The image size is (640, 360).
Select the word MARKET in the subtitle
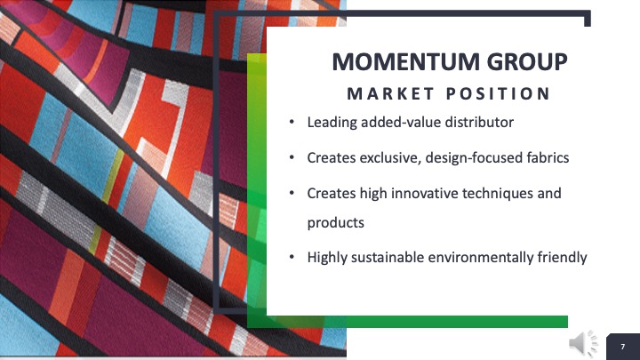pos(390,94)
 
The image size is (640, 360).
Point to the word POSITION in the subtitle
pos(499,94)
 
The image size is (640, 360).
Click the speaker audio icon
pos(583,343)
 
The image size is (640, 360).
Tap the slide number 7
pos(623,347)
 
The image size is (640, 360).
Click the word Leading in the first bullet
pos(332,123)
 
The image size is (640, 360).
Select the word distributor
pos(479,122)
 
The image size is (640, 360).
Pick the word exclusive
pos(390,158)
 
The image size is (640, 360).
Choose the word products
pos(335,223)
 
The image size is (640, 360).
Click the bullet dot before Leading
pos(292,122)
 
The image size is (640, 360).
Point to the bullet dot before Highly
pos(292,257)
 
